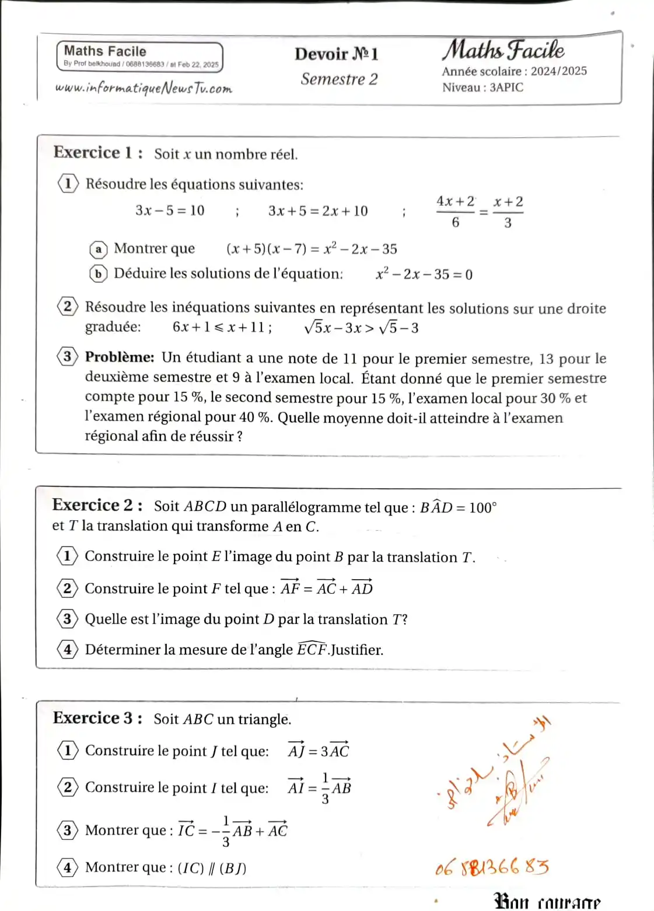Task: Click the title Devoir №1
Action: (336, 54)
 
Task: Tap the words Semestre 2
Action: (339, 79)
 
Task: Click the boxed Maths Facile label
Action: (105, 51)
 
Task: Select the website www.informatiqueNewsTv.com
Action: (144, 88)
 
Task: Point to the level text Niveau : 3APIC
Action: (482, 87)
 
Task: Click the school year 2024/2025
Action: (558, 71)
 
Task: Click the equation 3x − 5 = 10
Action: (170, 211)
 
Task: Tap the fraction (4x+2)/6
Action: (456, 211)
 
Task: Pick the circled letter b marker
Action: (99, 274)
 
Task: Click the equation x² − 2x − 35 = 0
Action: (424, 274)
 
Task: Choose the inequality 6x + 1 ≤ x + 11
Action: (222, 327)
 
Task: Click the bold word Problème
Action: (120, 357)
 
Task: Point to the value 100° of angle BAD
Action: (482, 507)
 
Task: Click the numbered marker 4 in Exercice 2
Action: (67, 649)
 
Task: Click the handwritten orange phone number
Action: (492, 867)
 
